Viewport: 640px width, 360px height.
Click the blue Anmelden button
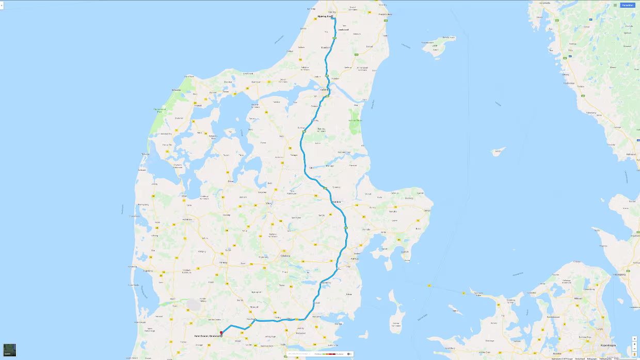[x=627, y=5]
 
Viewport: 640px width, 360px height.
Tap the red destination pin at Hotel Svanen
[x=221, y=333]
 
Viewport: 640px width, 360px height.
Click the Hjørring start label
[x=324, y=17]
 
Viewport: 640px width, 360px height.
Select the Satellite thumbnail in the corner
[x=10, y=350]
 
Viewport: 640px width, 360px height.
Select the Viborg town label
[x=268, y=203]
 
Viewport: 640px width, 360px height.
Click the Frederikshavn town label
[x=386, y=14]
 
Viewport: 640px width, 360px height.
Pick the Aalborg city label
[x=324, y=88]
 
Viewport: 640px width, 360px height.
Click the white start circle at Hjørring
[x=333, y=17]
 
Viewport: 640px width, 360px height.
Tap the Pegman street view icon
[x=634, y=354]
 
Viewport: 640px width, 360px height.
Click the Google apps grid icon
[x=614, y=5]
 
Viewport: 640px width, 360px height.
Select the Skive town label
[x=231, y=181]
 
